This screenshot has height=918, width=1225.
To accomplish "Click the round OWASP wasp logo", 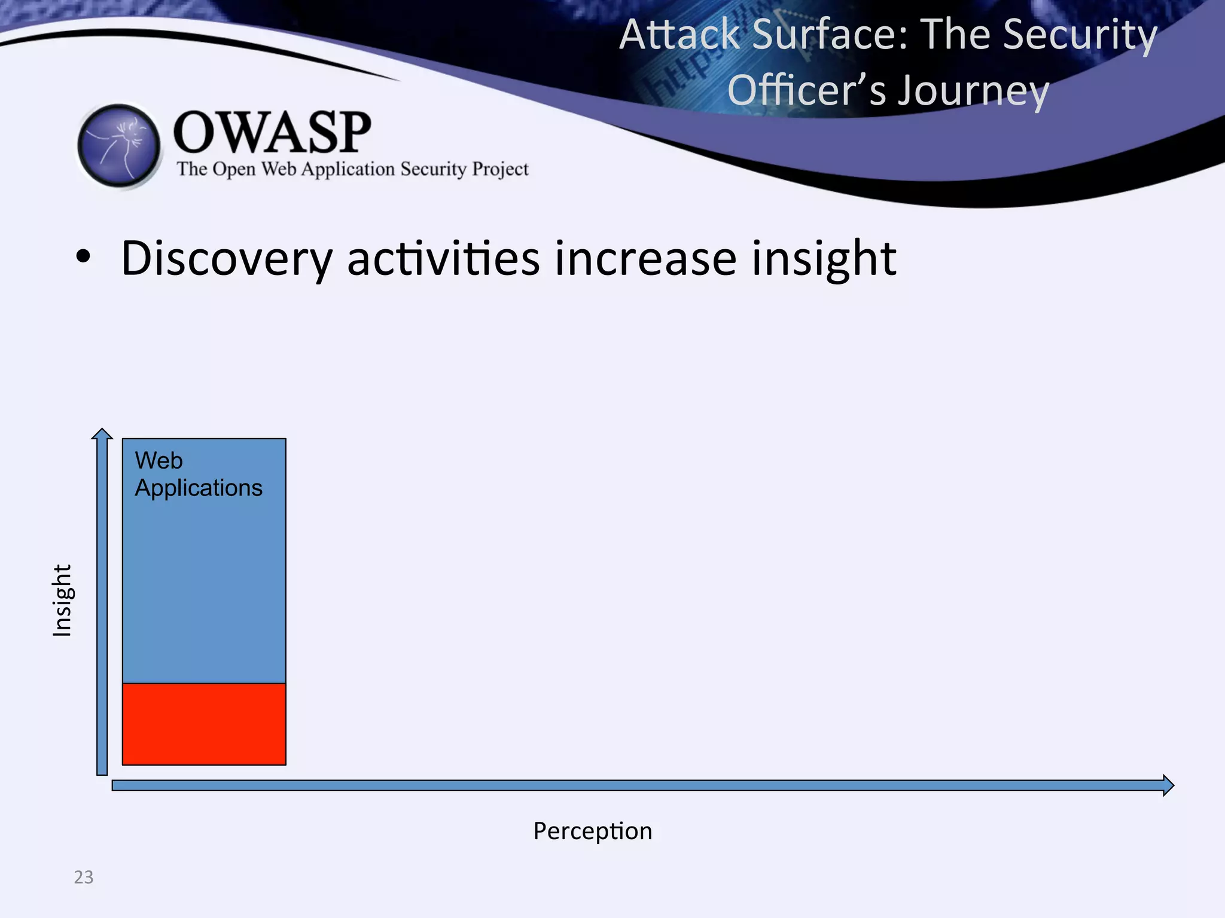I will (119, 145).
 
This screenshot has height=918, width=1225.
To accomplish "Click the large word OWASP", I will (272, 133).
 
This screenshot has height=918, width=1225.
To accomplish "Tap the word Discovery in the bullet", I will (226, 259).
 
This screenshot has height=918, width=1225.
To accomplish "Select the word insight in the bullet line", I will (824, 259).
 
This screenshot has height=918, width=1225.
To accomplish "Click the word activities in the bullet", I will (443, 259).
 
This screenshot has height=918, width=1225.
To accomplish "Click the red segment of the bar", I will (204, 724).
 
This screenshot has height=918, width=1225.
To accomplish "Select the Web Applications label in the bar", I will (198, 475).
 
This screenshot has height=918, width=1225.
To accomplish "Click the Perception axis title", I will (592, 831).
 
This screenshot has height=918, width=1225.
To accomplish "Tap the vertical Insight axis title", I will (62, 600).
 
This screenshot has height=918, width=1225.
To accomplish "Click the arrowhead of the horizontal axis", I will (1168, 785).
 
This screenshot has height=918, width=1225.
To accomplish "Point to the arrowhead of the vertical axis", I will (102, 433).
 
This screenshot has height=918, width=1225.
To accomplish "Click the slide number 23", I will (84, 877).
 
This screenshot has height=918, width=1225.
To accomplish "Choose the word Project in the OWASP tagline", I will (500, 170).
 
